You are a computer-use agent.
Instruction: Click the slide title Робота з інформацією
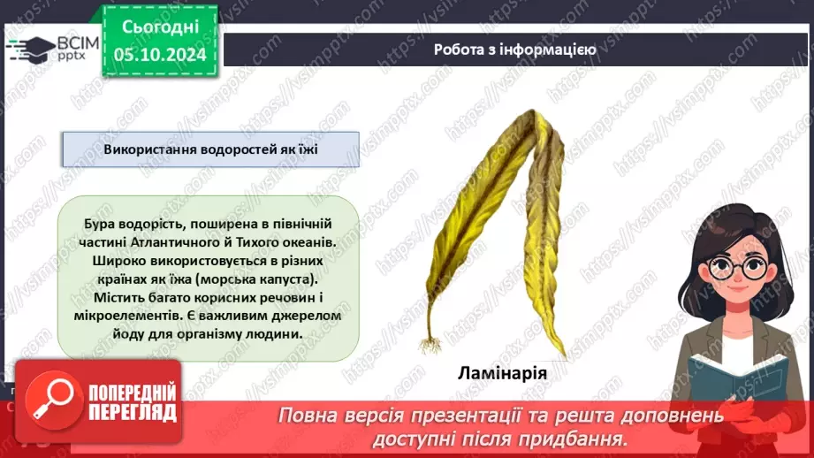pos(514,50)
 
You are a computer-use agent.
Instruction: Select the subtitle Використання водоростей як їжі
pos(210,149)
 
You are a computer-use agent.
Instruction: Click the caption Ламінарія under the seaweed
pos(503,372)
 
